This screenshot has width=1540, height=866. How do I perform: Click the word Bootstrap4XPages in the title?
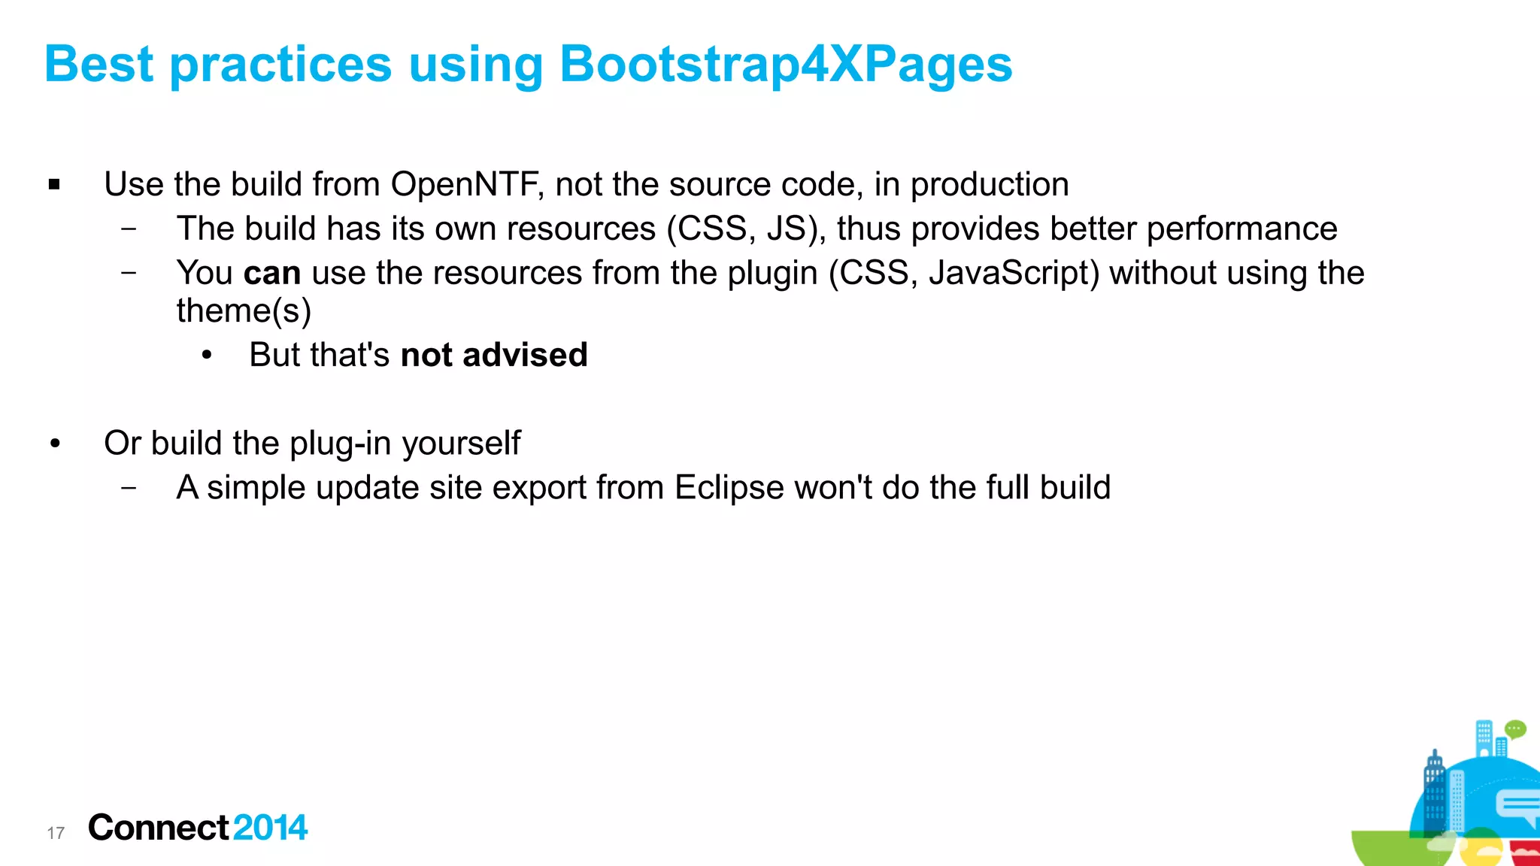click(x=786, y=65)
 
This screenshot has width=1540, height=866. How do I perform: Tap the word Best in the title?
click(x=99, y=65)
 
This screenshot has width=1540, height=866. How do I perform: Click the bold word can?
click(x=271, y=274)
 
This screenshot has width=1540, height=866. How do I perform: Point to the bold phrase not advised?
click(x=493, y=356)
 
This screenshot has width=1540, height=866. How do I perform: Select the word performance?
click(x=1241, y=229)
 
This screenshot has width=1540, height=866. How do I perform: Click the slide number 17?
click(x=56, y=833)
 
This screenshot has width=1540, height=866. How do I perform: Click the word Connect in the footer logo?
click(x=158, y=828)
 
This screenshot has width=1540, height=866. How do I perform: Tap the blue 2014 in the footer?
click(x=270, y=828)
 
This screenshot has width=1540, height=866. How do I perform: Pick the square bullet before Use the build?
click(x=54, y=184)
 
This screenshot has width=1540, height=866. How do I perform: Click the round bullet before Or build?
click(x=55, y=444)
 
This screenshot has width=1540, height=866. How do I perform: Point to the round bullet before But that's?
click(x=207, y=356)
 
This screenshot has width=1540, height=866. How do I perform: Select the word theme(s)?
click(x=244, y=311)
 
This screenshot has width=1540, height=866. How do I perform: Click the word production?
click(x=990, y=185)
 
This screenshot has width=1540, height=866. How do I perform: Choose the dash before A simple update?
click(x=129, y=488)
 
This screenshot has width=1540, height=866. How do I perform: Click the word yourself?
click(x=461, y=444)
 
